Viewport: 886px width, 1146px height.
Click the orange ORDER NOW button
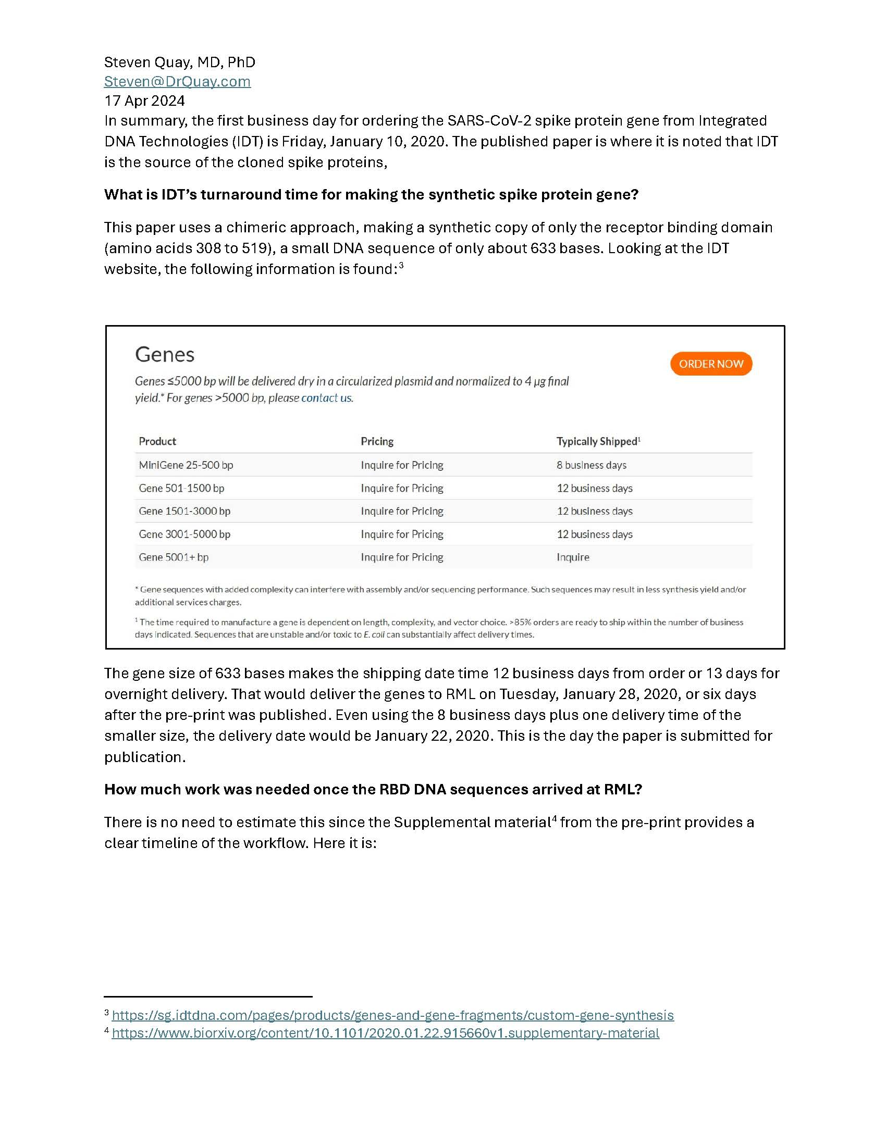click(x=711, y=364)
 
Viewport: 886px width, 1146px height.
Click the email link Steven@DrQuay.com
click(x=177, y=81)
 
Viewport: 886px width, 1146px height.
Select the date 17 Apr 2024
click(x=144, y=101)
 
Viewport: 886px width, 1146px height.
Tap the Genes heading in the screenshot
click(x=164, y=355)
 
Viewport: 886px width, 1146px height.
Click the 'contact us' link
click(x=326, y=398)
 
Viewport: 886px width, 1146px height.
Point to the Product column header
click(x=157, y=441)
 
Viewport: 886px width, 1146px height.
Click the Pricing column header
click(x=377, y=441)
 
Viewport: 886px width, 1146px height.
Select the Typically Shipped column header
click(x=598, y=441)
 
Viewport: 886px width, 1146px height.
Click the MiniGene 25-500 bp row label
click(x=186, y=465)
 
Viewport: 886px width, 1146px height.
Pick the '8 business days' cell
click(x=592, y=465)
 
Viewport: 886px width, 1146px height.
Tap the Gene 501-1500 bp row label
click(x=181, y=488)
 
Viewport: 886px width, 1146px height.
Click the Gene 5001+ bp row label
click(x=173, y=557)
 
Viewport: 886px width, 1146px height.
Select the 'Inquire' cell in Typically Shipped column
click(x=573, y=557)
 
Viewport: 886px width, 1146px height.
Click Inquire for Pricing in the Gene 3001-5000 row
click(x=401, y=534)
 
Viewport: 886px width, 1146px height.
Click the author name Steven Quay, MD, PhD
click(x=179, y=63)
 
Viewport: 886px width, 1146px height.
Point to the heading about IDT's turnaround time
click(x=371, y=195)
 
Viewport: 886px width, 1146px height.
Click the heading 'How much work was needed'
click(x=373, y=789)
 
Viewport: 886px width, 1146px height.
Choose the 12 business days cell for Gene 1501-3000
click(x=594, y=511)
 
